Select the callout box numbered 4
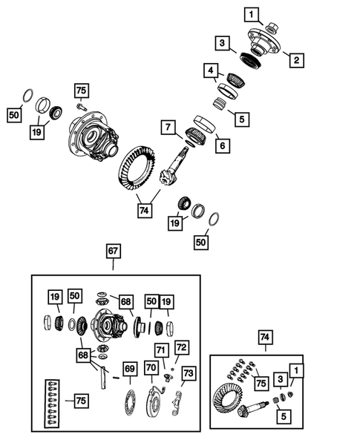coord(212,72)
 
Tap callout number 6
coord(220,147)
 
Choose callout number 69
coord(129,368)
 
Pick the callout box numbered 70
coord(151,368)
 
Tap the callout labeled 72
coord(182,346)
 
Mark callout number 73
coord(188,372)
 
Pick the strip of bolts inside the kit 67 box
coord(50,402)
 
